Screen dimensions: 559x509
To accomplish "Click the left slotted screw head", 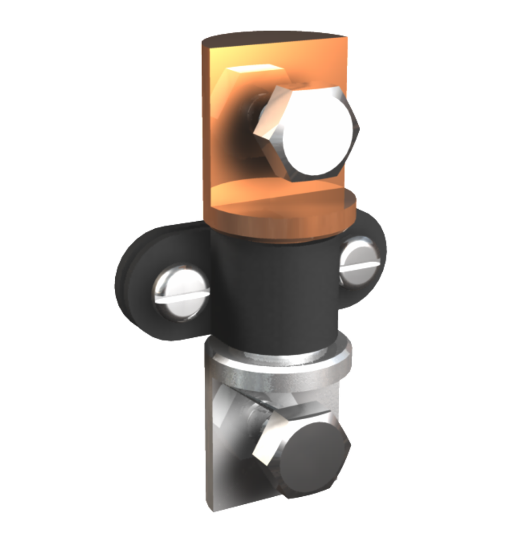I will pos(181,292).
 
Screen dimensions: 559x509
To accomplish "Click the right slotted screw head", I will pos(358,261).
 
